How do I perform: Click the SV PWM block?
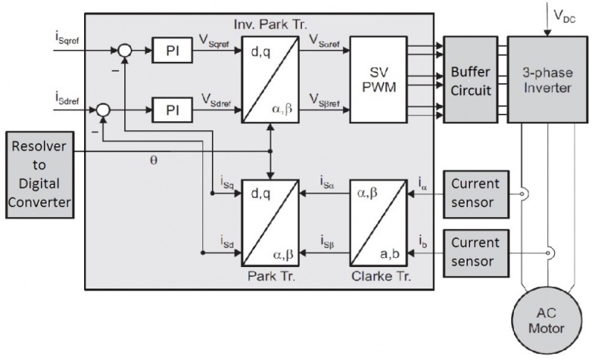(x=379, y=80)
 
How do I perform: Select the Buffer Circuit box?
(x=471, y=80)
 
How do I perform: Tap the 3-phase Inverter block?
(x=547, y=80)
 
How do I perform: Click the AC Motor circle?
(x=547, y=321)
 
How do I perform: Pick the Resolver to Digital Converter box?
(x=40, y=175)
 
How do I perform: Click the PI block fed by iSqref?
(x=173, y=50)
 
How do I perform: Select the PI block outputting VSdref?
(x=173, y=110)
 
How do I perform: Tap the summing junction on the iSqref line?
(x=124, y=50)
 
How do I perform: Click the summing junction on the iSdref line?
(x=103, y=110)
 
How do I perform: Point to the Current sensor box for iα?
(x=476, y=194)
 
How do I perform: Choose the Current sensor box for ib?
(x=476, y=253)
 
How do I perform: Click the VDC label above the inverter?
(x=565, y=16)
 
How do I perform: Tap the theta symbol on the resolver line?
(x=153, y=161)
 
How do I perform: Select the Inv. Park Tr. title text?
(x=270, y=25)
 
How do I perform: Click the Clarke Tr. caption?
(x=381, y=276)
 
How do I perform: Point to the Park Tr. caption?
(x=271, y=276)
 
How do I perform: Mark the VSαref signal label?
(x=324, y=41)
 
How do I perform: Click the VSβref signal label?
(x=324, y=100)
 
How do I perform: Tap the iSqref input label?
(x=67, y=37)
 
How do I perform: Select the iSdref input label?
(x=67, y=98)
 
